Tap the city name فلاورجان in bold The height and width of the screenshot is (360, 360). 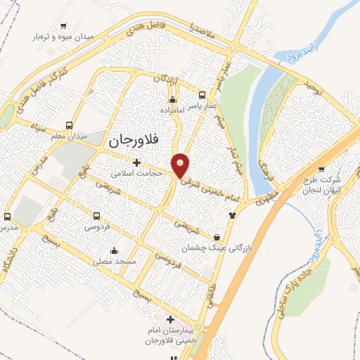pyautogui.click(x=134, y=141)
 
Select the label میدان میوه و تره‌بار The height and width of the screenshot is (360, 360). pyautogui.click(x=64, y=36)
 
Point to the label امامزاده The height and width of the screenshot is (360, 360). pyautogui.click(x=172, y=110)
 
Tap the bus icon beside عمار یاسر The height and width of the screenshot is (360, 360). pyautogui.click(x=202, y=95)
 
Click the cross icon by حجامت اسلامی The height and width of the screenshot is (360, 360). pyautogui.click(x=136, y=162)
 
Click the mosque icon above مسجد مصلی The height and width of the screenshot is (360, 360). pyautogui.click(x=114, y=250)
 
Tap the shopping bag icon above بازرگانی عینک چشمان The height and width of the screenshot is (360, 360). pyautogui.click(x=215, y=236)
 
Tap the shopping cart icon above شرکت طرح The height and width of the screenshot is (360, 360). pyautogui.click(x=321, y=169)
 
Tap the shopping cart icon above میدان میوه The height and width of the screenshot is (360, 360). pyautogui.click(x=64, y=25)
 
